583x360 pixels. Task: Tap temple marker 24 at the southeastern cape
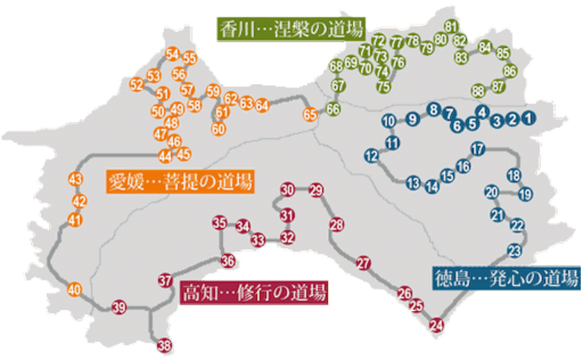436,324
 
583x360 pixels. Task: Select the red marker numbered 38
165,346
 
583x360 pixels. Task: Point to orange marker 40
74,290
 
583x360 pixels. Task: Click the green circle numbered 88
478,91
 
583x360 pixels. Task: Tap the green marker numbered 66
333,109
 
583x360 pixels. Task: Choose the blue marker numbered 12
372,156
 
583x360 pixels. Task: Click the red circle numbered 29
316,190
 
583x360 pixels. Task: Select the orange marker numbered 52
136,84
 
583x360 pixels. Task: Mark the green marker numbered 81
451,26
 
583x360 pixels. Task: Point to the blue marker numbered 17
479,149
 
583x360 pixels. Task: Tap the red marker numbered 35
219,223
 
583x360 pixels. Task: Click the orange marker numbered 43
76,180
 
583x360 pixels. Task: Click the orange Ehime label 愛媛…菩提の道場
180,182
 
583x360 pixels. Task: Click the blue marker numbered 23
515,250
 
